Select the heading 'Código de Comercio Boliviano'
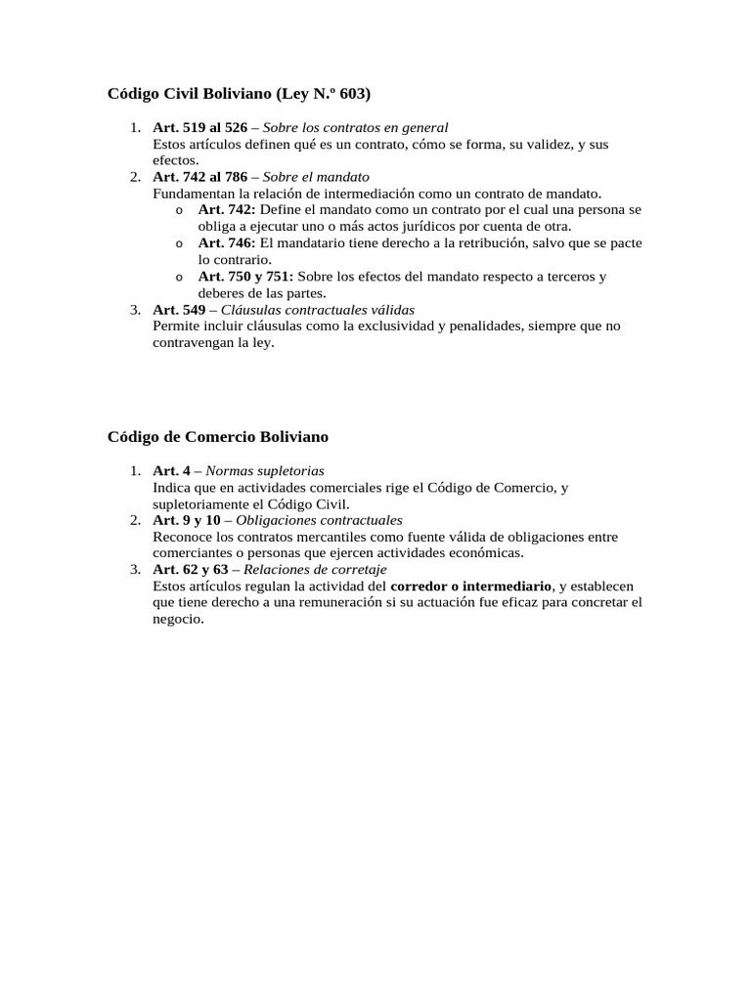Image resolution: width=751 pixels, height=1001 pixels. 218,436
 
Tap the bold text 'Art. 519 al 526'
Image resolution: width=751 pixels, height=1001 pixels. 200,127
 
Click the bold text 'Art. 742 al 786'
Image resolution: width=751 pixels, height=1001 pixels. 200,177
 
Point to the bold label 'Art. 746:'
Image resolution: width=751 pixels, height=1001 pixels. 227,243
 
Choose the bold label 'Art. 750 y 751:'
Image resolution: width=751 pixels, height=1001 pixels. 245,277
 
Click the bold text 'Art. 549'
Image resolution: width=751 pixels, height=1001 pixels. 178,309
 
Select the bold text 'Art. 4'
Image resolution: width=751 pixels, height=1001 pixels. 171,470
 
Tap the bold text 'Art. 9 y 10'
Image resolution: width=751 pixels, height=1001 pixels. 187,520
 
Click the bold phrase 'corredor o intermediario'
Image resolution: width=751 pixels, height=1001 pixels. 471,586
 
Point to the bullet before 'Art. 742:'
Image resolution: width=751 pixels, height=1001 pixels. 179,210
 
